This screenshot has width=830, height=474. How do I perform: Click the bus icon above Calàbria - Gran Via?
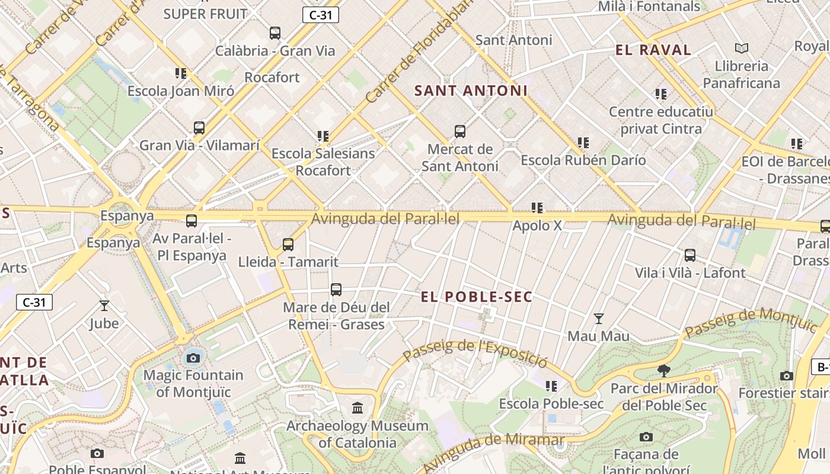coord(275,33)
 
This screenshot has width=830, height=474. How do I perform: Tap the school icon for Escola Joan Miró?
coord(181,73)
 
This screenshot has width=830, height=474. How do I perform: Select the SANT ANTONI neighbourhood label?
coord(471,91)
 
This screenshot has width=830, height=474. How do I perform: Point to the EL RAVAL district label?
coord(653,50)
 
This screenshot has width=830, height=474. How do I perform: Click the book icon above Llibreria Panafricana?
coord(741,48)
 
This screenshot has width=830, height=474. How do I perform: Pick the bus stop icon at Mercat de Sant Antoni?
coord(459,132)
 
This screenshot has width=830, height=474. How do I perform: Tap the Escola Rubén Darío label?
coord(583,160)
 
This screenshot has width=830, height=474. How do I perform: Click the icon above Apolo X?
coord(537,208)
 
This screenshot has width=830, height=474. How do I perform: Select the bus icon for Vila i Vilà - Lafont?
coord(690,255)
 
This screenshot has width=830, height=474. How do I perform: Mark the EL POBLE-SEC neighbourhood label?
coord(477,297)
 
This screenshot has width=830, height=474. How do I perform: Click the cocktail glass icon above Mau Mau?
coord(599,319)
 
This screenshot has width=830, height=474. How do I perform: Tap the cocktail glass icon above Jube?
coord(104,306)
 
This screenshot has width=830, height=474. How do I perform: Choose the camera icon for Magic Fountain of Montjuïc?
coord(193,358)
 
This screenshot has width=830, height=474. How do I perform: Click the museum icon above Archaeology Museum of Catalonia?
coord(357,408)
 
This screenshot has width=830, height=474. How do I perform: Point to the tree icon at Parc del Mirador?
coord(664,371)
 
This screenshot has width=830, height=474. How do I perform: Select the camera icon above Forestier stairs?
coord(787,376)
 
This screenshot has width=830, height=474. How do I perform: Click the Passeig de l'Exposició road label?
coord(475,352)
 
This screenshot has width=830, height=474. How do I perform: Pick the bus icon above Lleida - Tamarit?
coord(288,244)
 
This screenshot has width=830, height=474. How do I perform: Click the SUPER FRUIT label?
coord(205,14)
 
